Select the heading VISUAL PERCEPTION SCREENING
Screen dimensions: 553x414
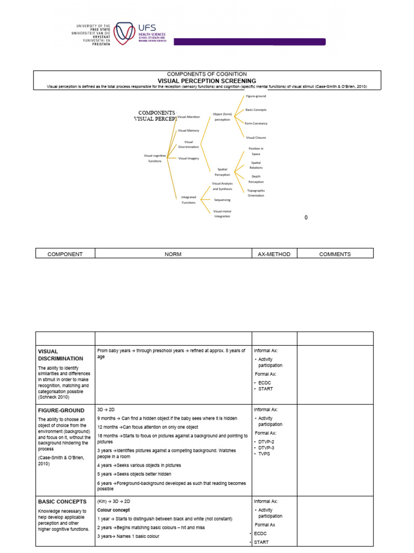(x=207, y=80)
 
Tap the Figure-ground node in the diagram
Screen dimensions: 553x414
(x=256, y=96)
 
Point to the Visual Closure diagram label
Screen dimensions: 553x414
(x=256, y=138)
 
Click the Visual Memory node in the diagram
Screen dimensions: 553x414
(x=188, y=130)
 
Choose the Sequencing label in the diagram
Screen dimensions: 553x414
(x=222, y=200)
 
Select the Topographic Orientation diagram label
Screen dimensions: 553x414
(x=256, y=193)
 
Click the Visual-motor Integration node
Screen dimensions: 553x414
(x=222, y=214)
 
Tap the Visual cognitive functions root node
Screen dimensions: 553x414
(x=154, y=158)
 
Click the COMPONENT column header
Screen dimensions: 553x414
(x=65, y=254)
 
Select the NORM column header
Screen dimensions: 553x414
(x=173, y=254)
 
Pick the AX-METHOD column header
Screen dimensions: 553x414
(x=274, y=254)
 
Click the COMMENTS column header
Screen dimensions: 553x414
(x=335, y=254)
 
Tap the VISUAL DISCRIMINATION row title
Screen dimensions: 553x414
(x=60, y=355)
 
